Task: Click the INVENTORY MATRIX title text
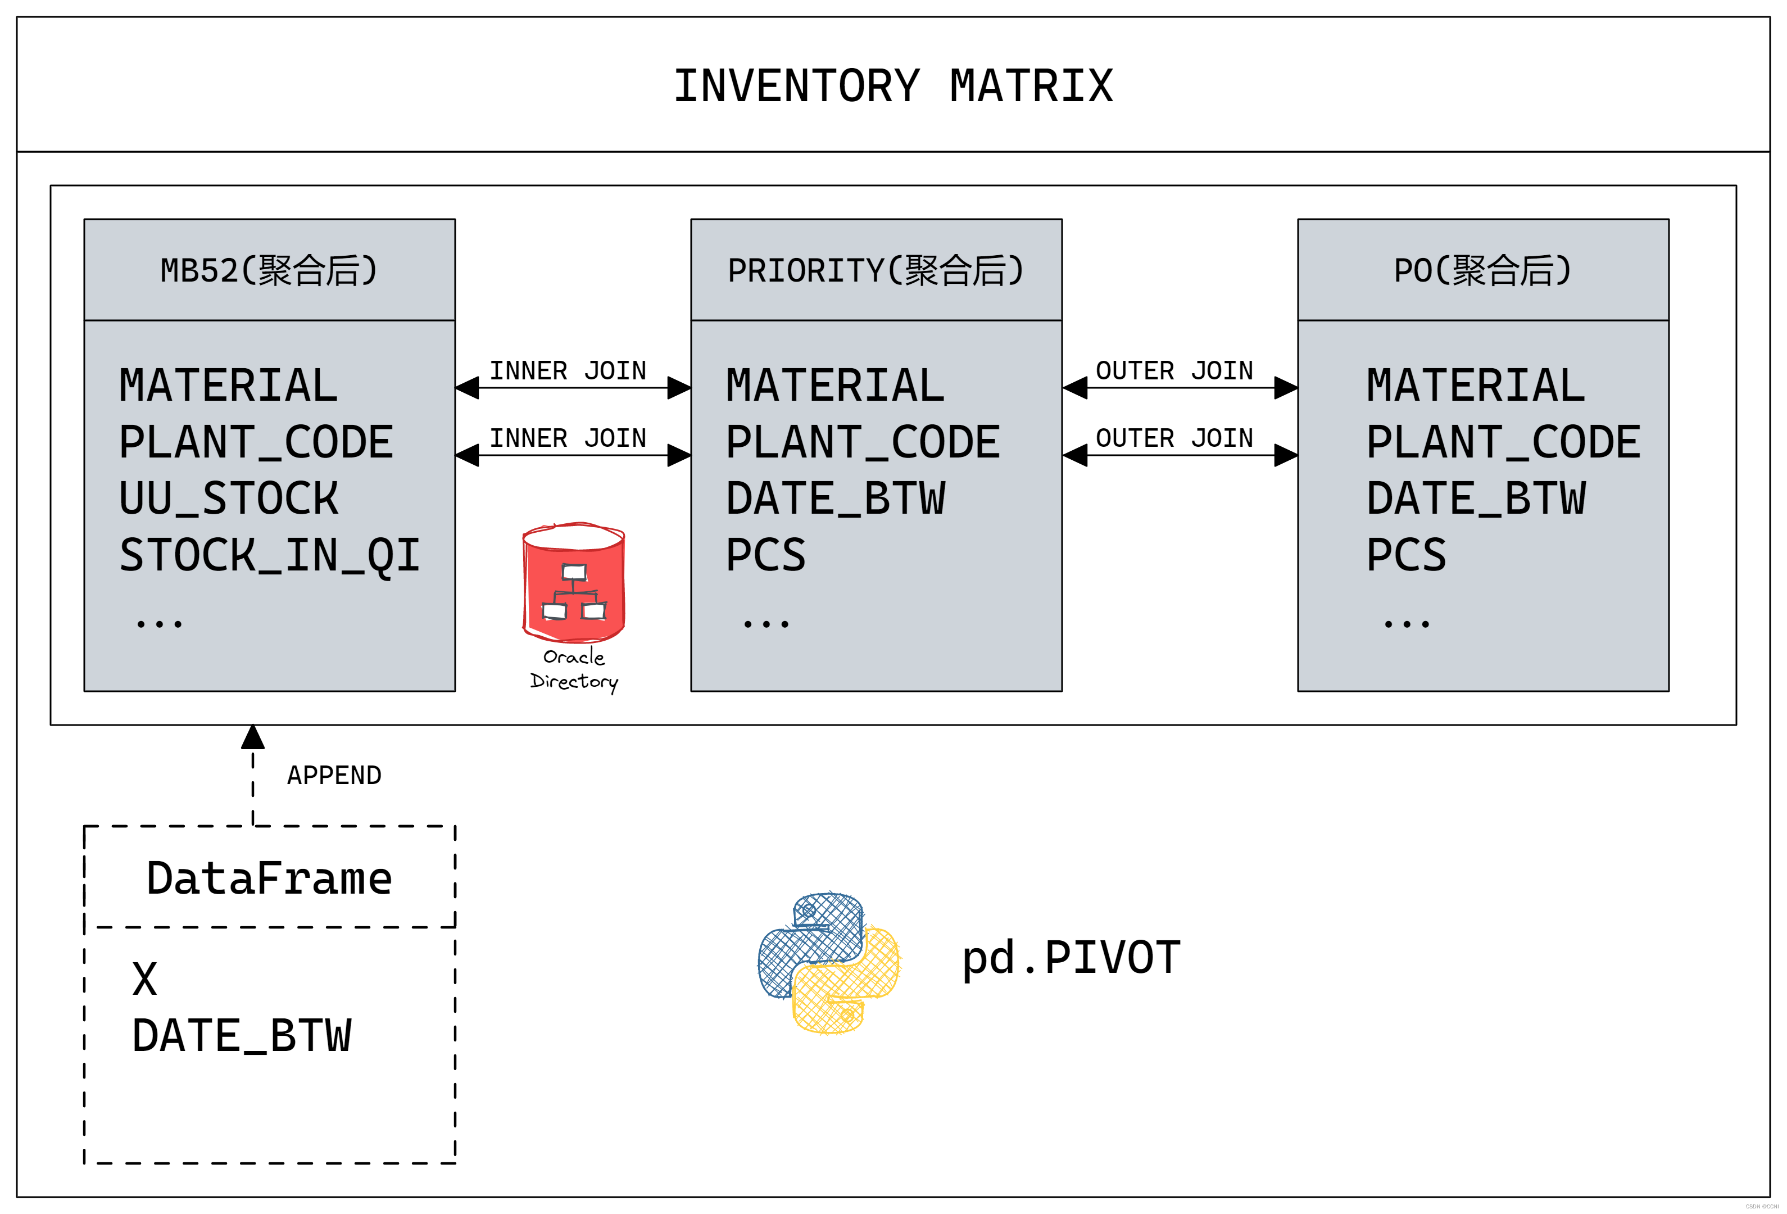point(893,85)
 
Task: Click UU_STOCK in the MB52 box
point(228,498)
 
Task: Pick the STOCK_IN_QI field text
point(269,555)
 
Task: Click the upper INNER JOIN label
point(568,370)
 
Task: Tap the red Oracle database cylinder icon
point(574,583)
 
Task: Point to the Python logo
point(829,963)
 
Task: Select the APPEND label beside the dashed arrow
point(334,775)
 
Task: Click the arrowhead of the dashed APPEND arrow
point(253,737)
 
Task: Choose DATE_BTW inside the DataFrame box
point(242,1036)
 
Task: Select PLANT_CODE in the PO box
point(1503,442)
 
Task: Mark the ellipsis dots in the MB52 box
point(159,623)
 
